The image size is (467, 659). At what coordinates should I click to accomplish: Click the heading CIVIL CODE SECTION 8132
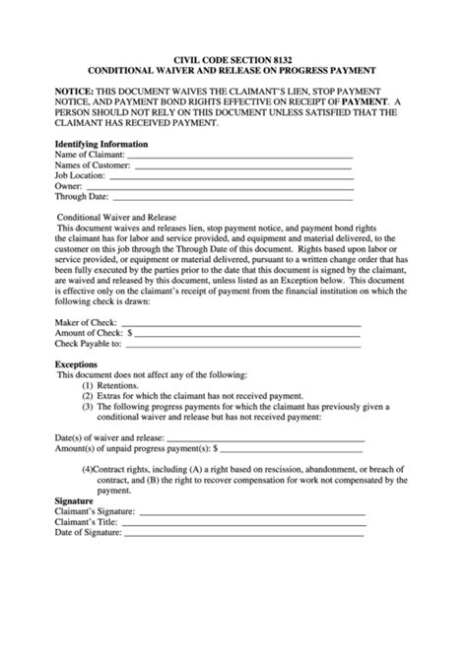(233, 59)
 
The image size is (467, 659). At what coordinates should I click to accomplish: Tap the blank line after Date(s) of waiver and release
(265, 438)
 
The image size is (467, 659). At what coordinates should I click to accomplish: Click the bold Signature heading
(74, 500)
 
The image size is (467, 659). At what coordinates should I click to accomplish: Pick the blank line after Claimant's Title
(242, 523)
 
